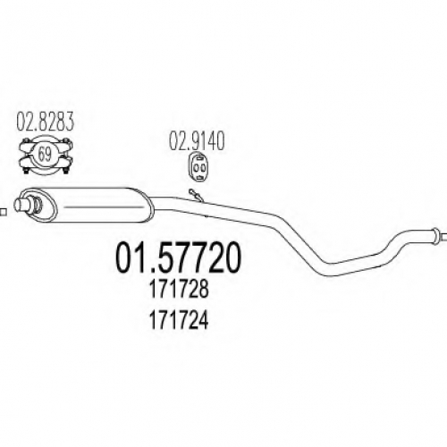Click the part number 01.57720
(178, 257)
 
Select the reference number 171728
(178, 289)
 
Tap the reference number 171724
(178, 320)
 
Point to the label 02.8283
(45, 122)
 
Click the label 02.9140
(197, 142)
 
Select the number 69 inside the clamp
(45, 154)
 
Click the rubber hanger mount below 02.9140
(198, 167)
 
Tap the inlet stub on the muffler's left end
(21, 205)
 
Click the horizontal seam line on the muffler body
(104, 207)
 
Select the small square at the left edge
(4, 212)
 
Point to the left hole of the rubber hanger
(195, 167)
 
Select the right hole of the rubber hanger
(203, 167)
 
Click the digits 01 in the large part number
(133, 257)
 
